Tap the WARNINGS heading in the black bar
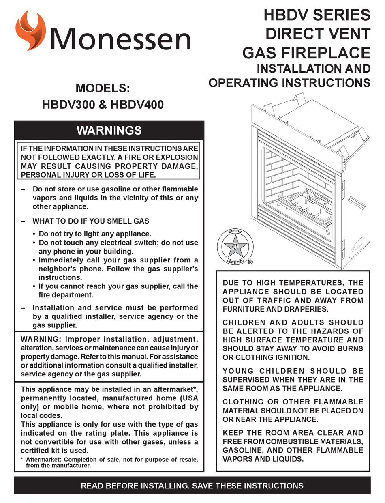point(109,130)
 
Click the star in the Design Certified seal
point(235,247)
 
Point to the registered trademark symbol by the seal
point(250,262)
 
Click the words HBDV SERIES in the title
point(317,15)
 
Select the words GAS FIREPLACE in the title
point(306,52)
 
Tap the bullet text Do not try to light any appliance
point(94,234)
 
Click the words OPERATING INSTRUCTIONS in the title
point(289,83)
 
